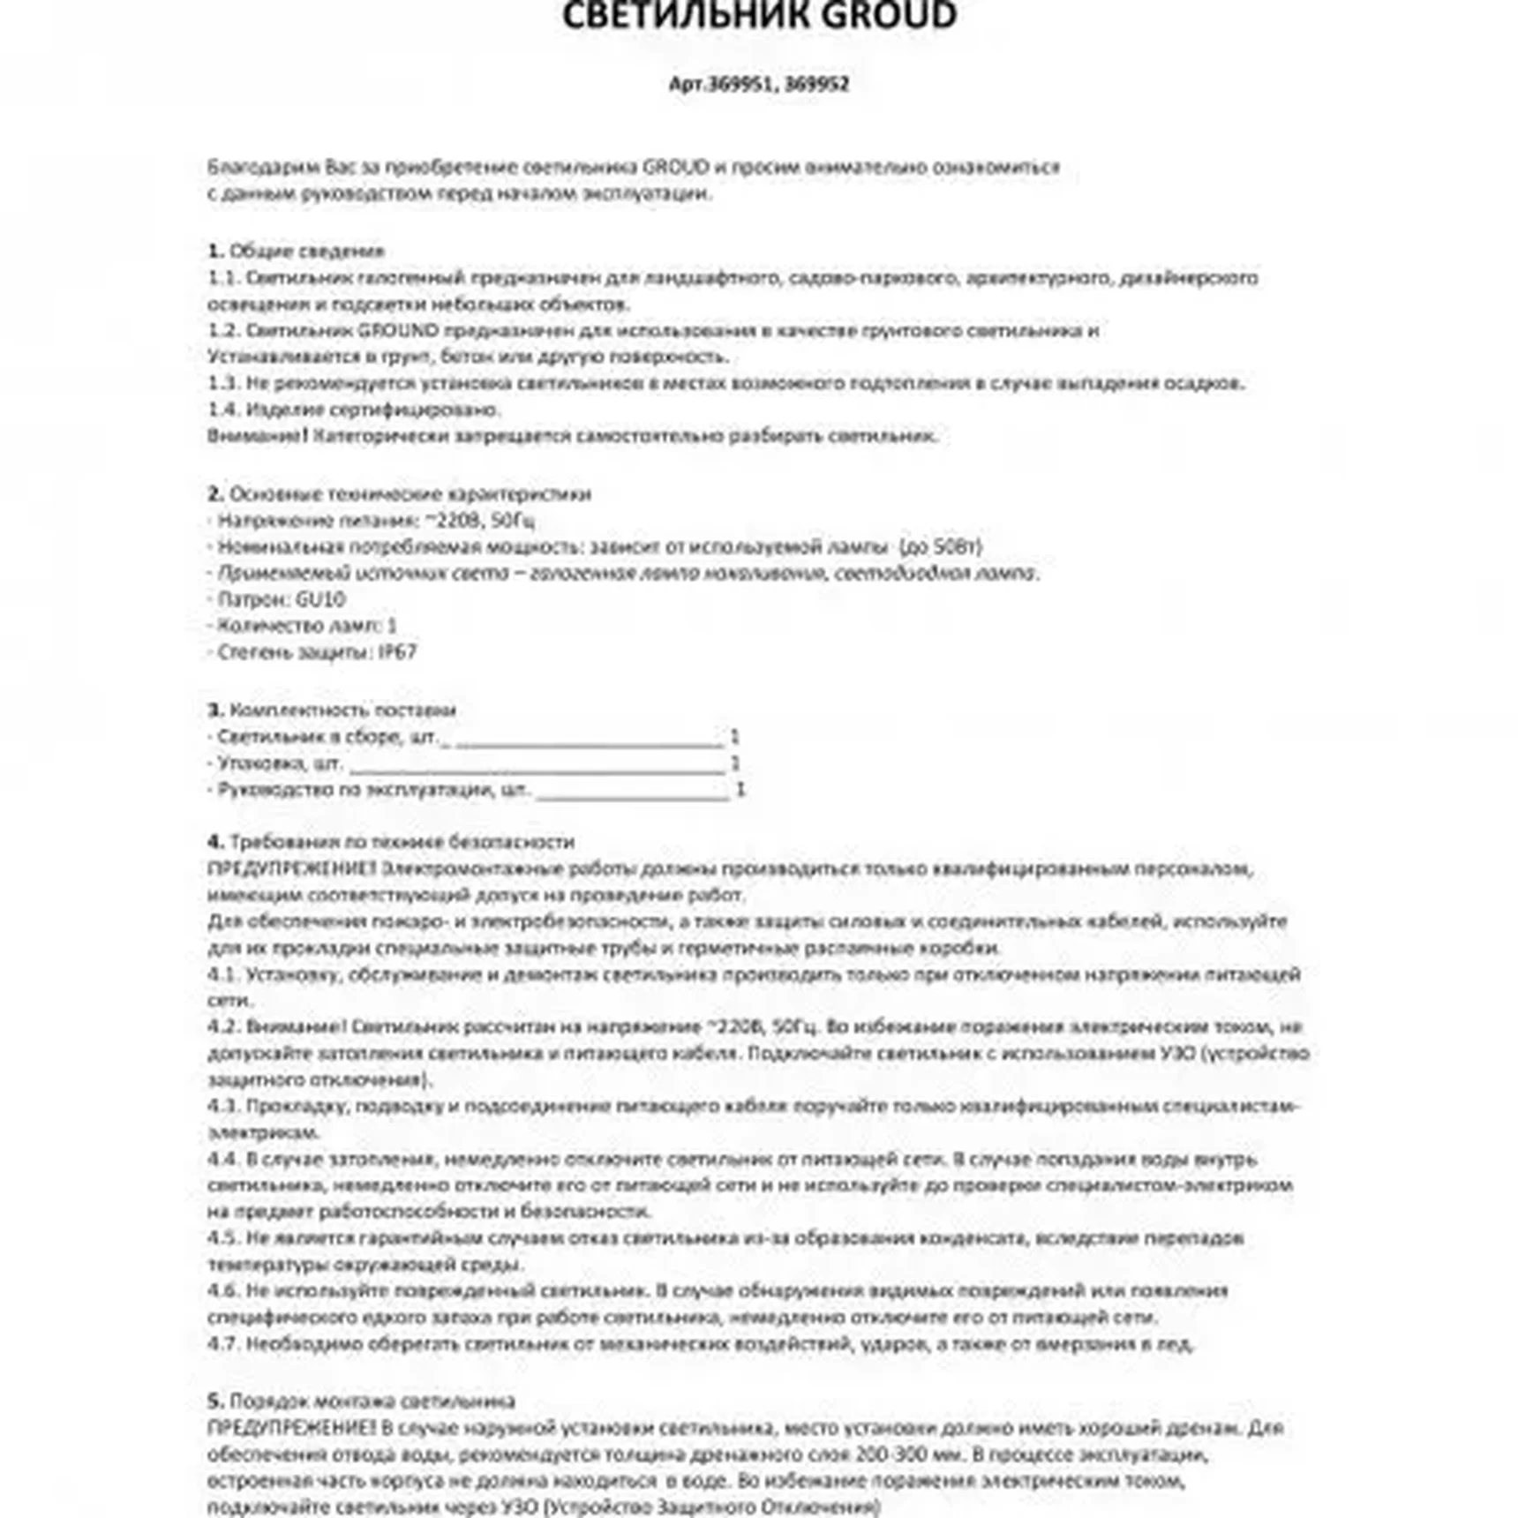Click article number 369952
point(816,84)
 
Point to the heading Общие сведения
point(306,251)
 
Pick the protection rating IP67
point(397,652)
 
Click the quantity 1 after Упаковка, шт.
point(735,763)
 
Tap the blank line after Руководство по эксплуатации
point(632,791)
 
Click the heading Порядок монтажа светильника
point(372,1401)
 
